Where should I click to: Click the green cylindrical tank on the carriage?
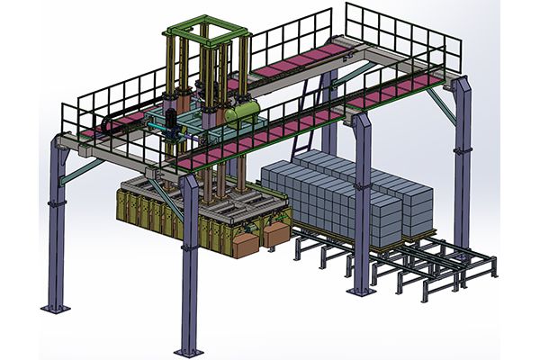[242, 112]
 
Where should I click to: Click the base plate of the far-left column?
[56, 308]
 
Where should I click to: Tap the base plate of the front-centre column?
[189, 348]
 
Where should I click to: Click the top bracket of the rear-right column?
[461, 85]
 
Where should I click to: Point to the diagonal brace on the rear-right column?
[441, 103]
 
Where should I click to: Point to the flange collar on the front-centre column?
[189, 241]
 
